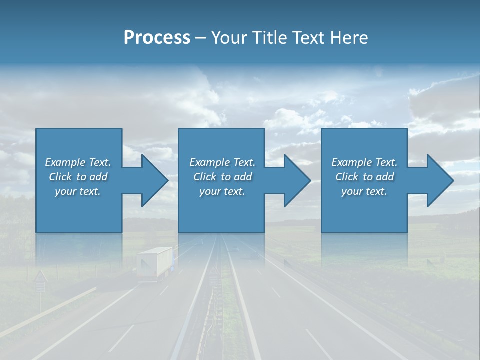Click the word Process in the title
157,38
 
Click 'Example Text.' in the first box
78,162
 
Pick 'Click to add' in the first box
78,177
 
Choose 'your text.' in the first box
78,191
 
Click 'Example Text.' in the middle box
222,162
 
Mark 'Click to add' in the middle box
222,177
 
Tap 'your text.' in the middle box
222,191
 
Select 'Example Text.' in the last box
364,162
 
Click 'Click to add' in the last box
364,177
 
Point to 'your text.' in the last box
364,191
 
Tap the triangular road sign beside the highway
41,277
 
